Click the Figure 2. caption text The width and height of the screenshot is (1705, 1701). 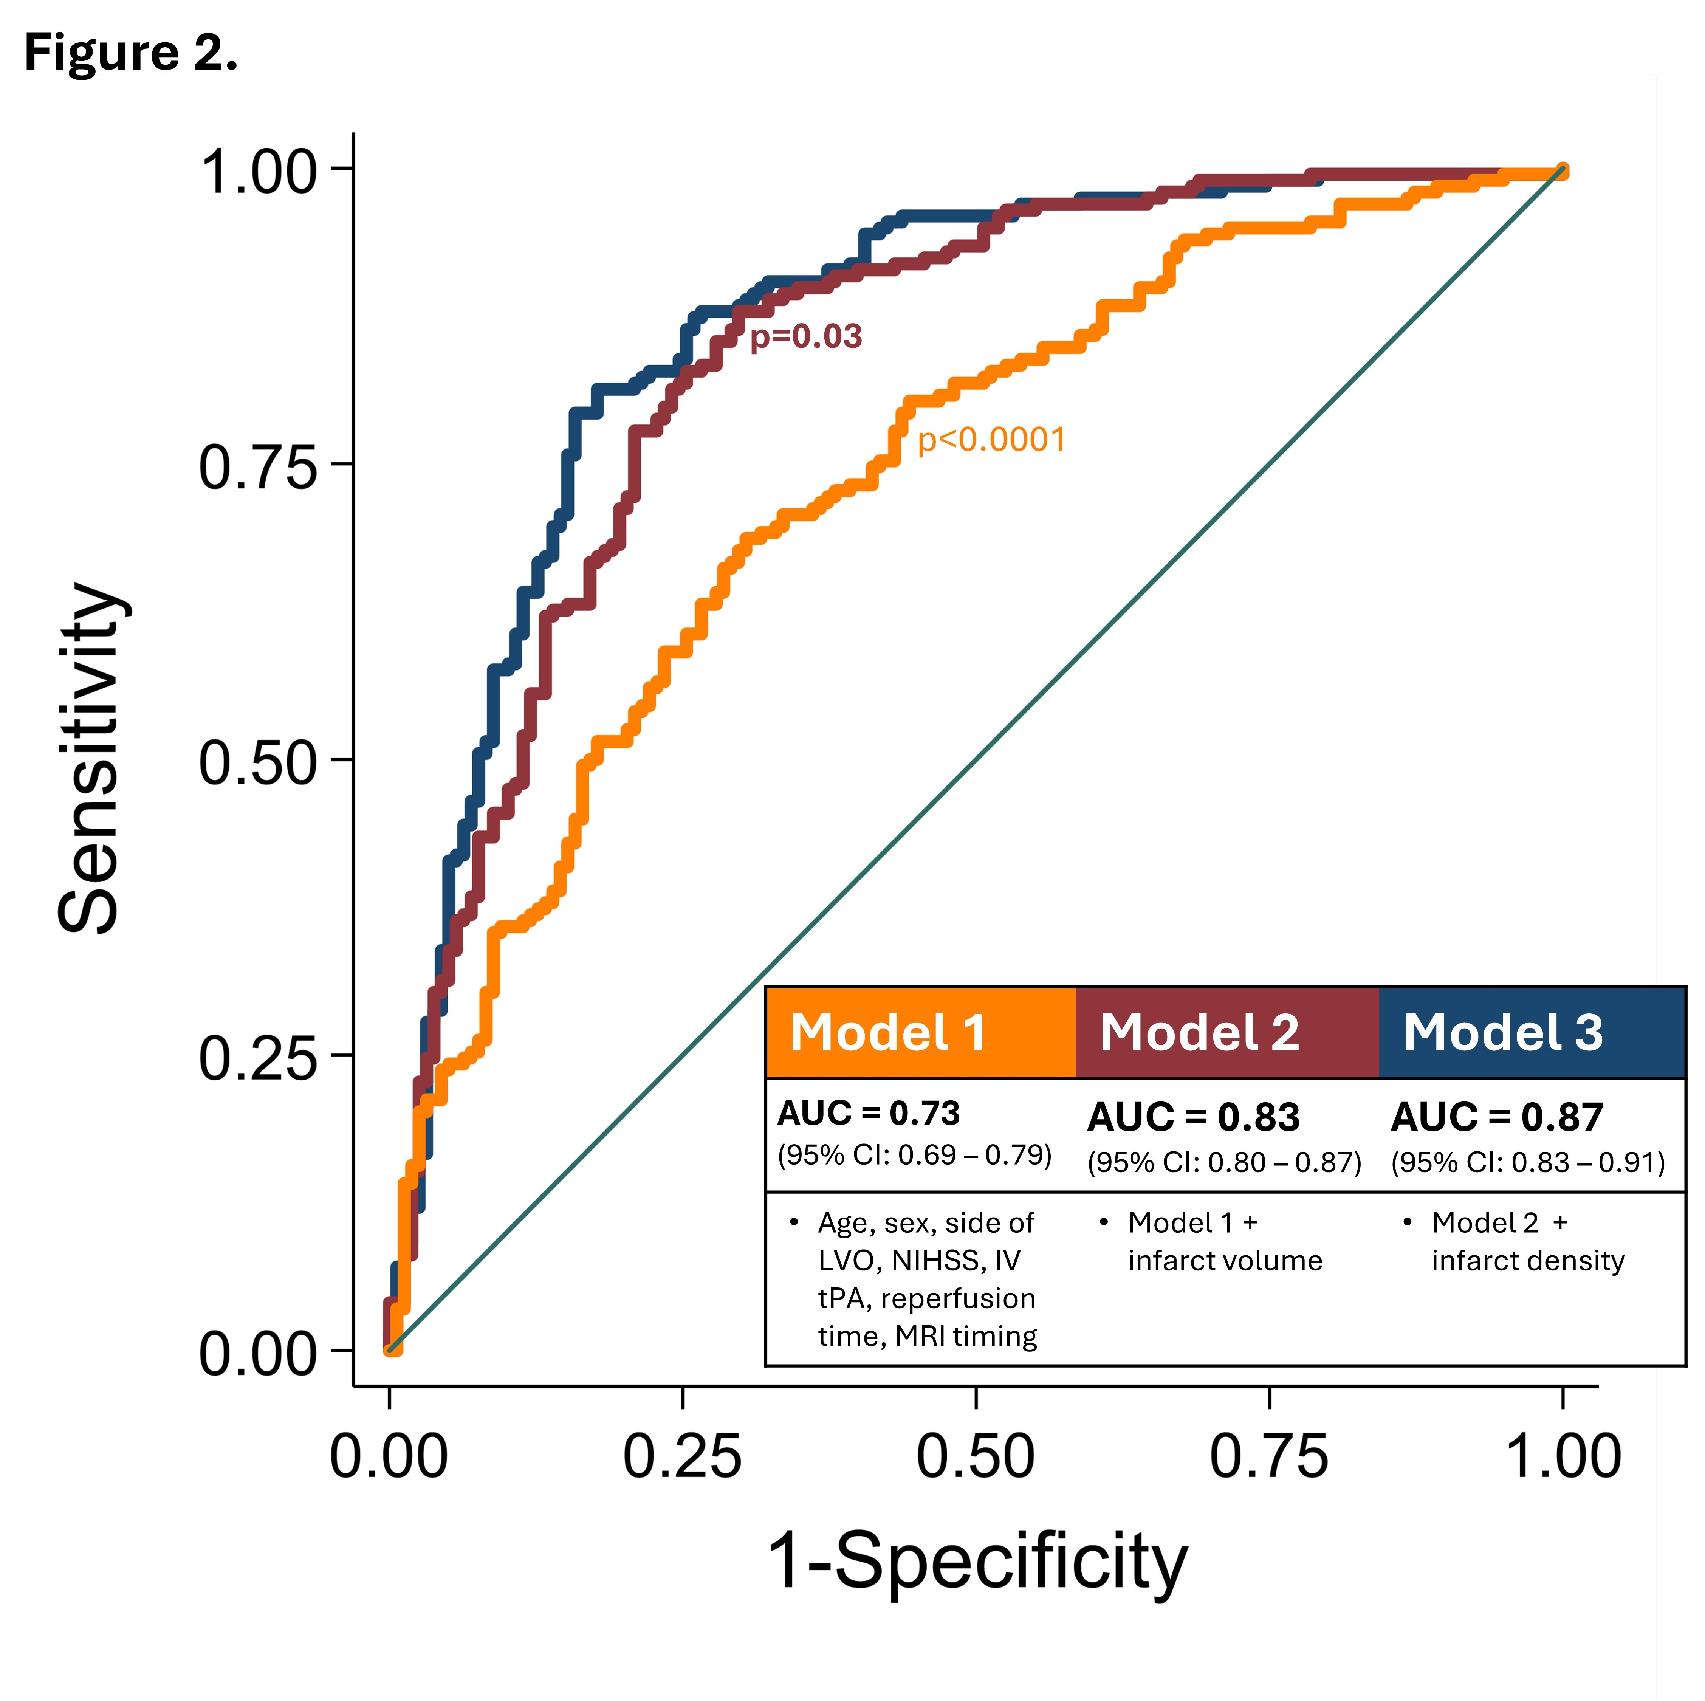pos(131,53)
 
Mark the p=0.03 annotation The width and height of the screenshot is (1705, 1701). pos(805,336)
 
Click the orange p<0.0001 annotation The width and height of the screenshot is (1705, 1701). pos(991,440)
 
